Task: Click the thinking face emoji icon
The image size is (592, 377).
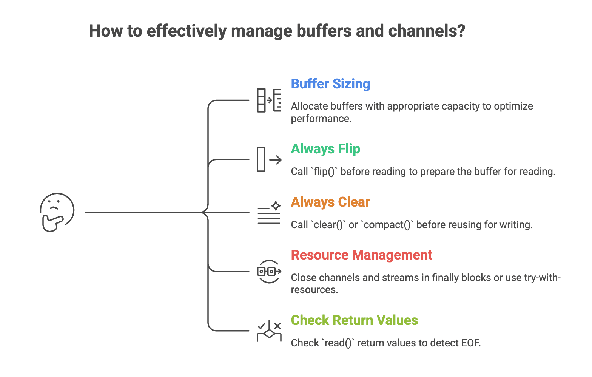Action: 57,212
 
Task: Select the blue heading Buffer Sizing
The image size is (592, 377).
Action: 330,84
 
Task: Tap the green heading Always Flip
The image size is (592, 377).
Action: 325,149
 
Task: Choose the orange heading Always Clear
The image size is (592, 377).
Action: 330,202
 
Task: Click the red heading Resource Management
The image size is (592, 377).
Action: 361,255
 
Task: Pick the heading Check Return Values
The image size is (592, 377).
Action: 354,320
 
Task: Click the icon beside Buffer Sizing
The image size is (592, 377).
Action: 269,100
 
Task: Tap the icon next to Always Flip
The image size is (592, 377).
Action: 269,159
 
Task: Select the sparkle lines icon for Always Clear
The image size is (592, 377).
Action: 269,213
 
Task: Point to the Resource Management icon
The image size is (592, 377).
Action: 269,271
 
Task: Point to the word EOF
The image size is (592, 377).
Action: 470,343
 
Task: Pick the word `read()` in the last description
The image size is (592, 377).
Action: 338,343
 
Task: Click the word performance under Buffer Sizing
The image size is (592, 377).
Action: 321,119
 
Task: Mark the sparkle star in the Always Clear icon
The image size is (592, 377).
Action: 276,205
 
